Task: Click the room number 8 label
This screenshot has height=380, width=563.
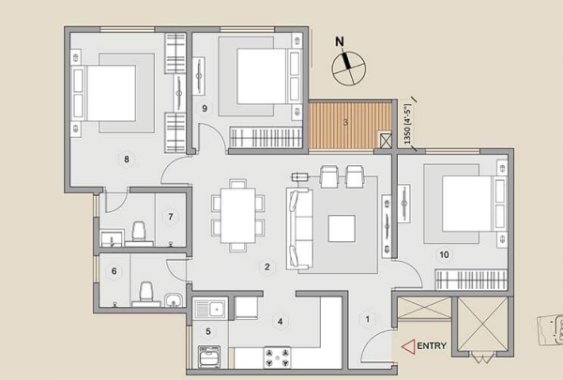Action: pyautogui.click(x=127, y=159)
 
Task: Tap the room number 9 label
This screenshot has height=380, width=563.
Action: pyautogui.click(x=205, y=108)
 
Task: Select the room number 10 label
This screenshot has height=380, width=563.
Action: pyautogui.click(x=444, y=254)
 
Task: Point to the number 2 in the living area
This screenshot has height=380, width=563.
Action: pyautogui.click(x=266, y=266)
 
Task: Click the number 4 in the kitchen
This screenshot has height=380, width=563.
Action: pyautogui.click(x=280, y=321)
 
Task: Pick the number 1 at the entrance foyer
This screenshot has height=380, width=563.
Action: pyautogui.click(x=367, y=319)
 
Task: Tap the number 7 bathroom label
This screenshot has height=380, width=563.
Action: pyautogui.click(x=171, y=217)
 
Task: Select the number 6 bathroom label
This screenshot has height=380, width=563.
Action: pyautogui.click(x=114, y=271)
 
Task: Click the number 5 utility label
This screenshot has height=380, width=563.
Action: pyautogui.click(x=208, y=331)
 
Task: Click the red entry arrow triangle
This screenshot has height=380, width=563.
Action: pyautogui.click(x=408, y=346)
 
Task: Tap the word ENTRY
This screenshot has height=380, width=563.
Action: pyautogui.click(x=432, y=346)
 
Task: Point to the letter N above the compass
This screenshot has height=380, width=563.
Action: pyautogui.click(x=340, y=41)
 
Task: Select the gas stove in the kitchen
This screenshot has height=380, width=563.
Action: pyautogui.click(x=277, y=357)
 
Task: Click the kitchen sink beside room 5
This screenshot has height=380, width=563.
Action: pyautogui.click(x=211, y=309)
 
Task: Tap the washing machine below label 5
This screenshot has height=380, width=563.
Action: pyautogui.click(x=209, y=357)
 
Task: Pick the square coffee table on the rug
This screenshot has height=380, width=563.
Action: pyautogui.click(x=342, y=228)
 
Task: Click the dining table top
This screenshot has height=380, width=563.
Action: pyautogui.click(x=238, y=216)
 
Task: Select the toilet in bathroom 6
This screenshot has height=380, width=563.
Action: pyautogui.click(x=145, y=295)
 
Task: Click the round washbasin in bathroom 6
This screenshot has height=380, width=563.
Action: pyautogui.click(x=174, y=300)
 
